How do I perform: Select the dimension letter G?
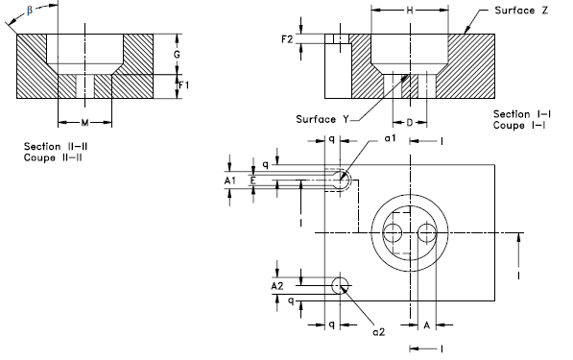click(177, 56)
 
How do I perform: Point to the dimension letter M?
click(84, 123)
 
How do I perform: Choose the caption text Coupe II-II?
click(52, 157)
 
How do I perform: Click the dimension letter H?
click(410, 10)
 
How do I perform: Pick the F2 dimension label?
click(287, 39)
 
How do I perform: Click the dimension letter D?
click(410, 124)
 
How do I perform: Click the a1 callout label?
click(390, 139)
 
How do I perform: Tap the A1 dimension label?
click(228, 180)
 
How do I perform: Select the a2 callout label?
click(379, 331)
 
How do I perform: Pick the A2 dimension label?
click(277, 285)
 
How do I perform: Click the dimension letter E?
click(252, 180)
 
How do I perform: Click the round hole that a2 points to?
click(340, 285)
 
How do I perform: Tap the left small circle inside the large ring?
click(393, 231)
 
